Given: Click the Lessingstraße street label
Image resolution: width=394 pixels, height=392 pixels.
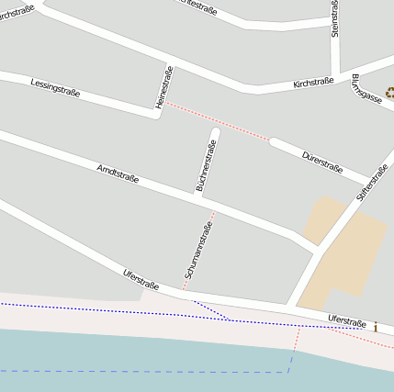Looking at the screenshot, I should pyautogui.click(x=55, y=87).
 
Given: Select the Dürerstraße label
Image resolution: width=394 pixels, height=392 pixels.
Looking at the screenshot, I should pyautogui.click(x=322, y=162).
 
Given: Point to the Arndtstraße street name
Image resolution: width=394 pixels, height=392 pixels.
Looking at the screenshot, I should pyautogui.click(x=118, y=173).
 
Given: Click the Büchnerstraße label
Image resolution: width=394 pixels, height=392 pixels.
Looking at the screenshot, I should pyautogui.click(x=206, y=166).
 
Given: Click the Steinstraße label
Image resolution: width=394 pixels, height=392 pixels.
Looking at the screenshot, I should pyautogui.click(x=334, y=18).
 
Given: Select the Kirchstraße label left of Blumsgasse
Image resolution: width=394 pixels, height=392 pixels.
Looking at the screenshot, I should pyautogui.click(x=313, y=83).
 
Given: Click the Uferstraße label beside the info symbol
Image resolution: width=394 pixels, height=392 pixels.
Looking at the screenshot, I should pyautogui.click(x=347, y=321).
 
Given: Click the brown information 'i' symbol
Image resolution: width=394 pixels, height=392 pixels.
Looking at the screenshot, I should pyautogui.click(x=376, y=326).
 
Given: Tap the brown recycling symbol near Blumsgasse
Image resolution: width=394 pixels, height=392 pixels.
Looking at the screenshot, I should pyautogui.click(x=389, y=91).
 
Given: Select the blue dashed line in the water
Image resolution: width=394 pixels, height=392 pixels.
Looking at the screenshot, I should pyautogui.click(x=138, y=371).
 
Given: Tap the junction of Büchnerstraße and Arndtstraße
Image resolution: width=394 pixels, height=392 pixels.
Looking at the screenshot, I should pyautogui.click(x=197, y=195).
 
